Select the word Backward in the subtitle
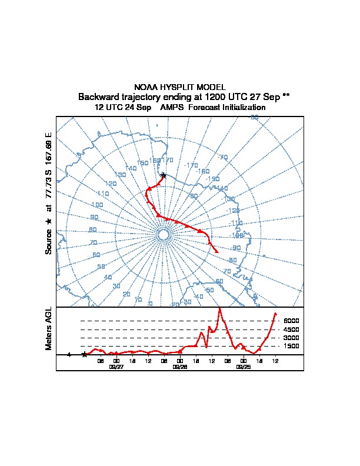coord(98,96)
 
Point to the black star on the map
coord(164,175)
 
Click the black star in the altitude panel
coord(85,354)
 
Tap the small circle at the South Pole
coord(164,235)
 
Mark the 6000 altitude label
coord(291,321)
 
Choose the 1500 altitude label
coord(291,347)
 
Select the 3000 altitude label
coord(291,338)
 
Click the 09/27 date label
coord(116,366)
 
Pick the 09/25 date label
coord(243,366)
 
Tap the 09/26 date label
coord(180,366)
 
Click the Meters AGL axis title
coord(49,328)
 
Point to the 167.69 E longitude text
coord(49,143)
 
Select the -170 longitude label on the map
coord(191,165)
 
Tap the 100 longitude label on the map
coord(97,205)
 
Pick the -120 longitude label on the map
coord(234,211)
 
